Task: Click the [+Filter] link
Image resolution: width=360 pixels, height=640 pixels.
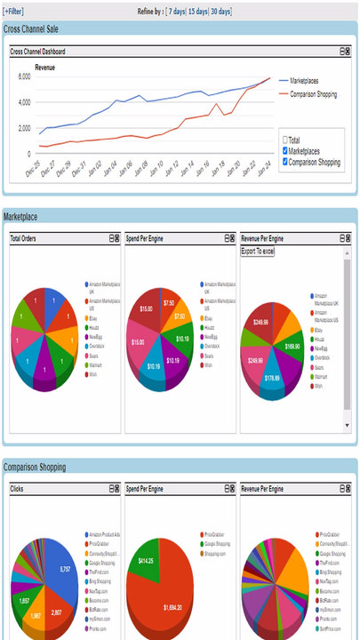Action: tap(15, 12)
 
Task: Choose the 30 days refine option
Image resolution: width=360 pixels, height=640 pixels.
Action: tap(221, 12)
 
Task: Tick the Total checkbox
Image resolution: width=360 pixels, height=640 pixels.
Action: tap(284, 140)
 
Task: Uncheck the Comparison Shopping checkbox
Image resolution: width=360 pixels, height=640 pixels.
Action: tap(284, 162)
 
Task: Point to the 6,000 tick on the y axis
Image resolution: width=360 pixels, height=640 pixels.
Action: tap(23, 77)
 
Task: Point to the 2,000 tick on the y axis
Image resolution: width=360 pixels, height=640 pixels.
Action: tap(23, 128)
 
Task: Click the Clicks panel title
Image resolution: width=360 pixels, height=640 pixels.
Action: tap(18, 489)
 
